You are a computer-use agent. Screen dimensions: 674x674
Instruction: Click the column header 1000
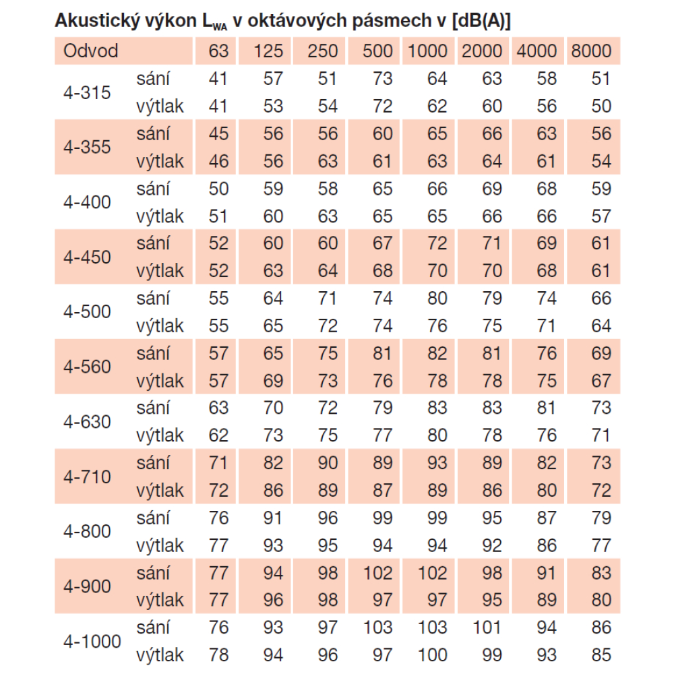pos(428,51)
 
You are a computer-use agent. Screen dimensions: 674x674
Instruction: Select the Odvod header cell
pos(91,51)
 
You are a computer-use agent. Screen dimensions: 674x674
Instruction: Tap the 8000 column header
pos(591,51)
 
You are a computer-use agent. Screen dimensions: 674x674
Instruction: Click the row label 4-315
pos(88,92)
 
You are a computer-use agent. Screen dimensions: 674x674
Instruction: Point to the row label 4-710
pos(88,477)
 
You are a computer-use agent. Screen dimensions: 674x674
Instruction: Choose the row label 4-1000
pos(92,641)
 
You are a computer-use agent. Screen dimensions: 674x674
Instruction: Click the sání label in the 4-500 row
pos(153,298)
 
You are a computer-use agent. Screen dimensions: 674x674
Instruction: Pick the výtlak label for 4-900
pos(160,600)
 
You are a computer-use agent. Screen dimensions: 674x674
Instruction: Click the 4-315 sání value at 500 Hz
pos(382,79)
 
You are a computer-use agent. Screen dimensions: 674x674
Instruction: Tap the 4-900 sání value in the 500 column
pos(377,573)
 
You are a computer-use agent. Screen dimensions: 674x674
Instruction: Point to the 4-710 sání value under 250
pos(328,463)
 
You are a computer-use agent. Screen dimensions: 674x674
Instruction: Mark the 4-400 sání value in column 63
pos(219,189)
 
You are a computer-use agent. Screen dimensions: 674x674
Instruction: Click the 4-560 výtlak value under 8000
pos(601,381)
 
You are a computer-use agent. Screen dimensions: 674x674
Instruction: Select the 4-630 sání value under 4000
pos(547,408)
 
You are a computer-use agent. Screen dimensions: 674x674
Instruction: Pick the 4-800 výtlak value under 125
pos(273,545)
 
